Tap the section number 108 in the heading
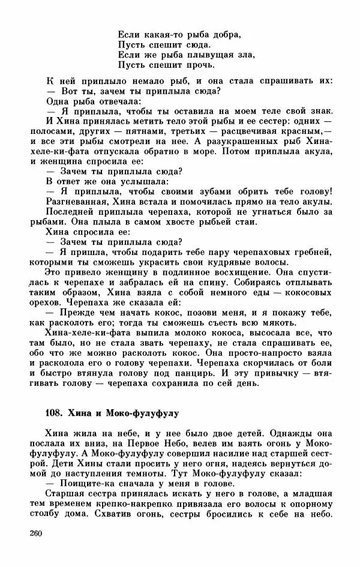(53, 413)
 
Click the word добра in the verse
(225, 34)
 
